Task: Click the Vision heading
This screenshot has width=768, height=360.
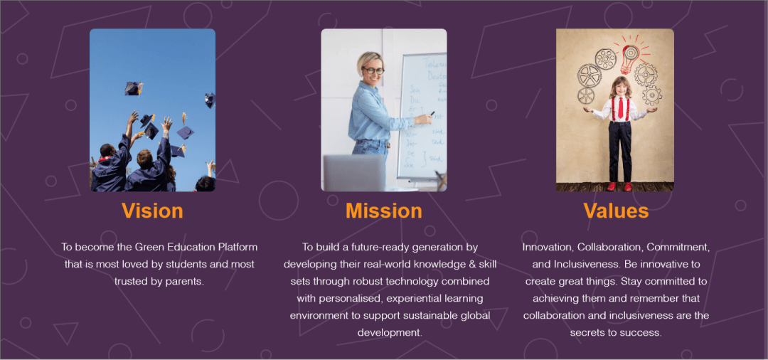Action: [x=152, y=211]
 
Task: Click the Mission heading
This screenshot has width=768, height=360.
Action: [x=383, y=211]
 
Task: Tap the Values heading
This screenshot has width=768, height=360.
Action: [x=616, y=211]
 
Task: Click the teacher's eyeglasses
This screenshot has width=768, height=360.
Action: [x=373, y=70]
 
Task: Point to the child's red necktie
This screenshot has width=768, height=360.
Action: [x=621, y=108]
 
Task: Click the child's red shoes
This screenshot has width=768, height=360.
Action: [x=618, y=186]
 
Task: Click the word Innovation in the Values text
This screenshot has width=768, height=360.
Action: [x=548, y=248]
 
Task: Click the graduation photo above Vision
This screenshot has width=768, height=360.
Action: [x=152, y=110]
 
